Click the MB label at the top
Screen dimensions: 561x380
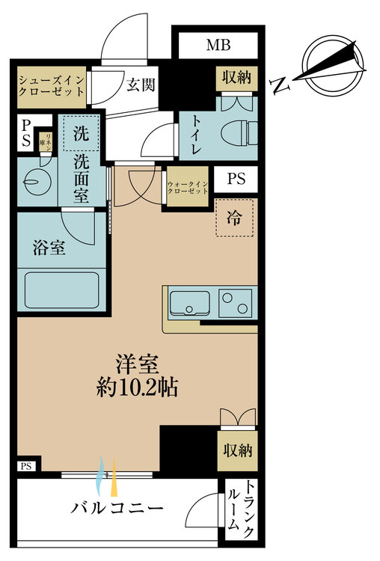pos(218,46)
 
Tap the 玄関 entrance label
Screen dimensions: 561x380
pos(140,85)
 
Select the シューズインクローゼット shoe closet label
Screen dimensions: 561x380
pos(50,88)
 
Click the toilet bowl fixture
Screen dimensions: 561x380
pos(239,132)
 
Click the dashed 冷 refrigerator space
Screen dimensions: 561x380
pos(235,218)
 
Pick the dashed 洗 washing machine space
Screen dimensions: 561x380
pos(80,134)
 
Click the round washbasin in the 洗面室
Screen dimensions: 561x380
pos(34,180)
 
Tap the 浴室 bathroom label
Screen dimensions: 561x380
pos(49,248)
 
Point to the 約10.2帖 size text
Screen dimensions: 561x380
pos(137,387)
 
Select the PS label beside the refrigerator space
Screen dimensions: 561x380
pos(236,180)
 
